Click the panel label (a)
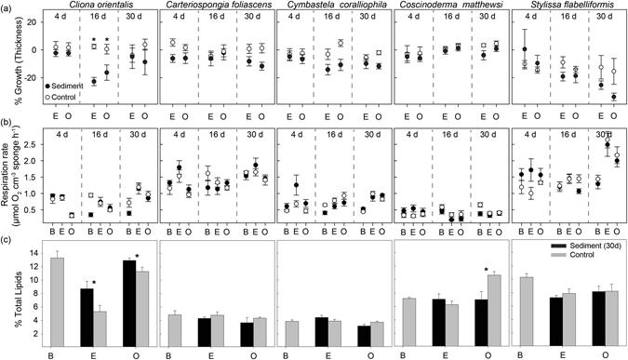(8, 6)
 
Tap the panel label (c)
(8, 240)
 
